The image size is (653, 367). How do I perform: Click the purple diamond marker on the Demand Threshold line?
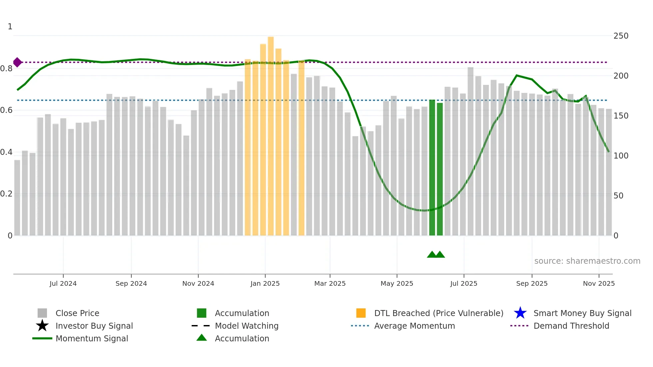[17, 62]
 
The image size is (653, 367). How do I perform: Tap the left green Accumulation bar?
[432, 167]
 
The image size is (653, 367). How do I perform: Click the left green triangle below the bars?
[432, 255]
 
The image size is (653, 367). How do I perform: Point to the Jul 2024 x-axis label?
[63, 283]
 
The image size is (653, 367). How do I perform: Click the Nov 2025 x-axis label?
[599, 283]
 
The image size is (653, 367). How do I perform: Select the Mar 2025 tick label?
[330, 283]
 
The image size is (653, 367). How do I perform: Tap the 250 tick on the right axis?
[621, 36]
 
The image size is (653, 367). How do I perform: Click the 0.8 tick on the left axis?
[7, 69]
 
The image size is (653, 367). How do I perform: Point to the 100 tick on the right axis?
[621, 156]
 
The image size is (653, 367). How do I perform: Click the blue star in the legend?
[520, 313]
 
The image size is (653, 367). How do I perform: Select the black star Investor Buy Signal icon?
[42, 326]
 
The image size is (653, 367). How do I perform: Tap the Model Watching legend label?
[247, 326]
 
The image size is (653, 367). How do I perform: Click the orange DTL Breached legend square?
[361, 313]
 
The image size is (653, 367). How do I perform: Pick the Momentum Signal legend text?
[92, 338]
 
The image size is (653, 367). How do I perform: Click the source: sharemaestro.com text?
[587, 261]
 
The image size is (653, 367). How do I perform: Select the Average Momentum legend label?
[414, 326]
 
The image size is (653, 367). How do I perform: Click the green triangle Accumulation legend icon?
[202, 338]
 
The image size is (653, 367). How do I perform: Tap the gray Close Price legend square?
[42, 313]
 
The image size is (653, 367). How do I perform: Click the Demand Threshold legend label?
[571, 326]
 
